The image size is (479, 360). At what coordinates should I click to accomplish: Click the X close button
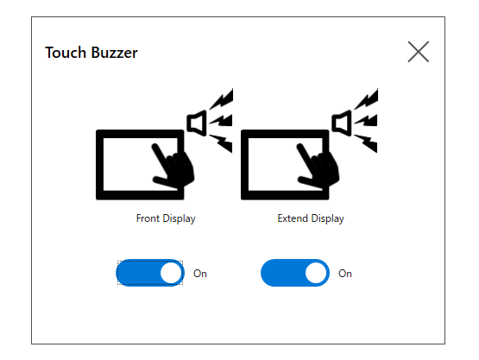click(419, 52)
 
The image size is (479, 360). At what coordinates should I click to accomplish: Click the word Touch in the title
click(66, 53)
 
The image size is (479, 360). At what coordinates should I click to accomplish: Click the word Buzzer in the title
click(115, 53)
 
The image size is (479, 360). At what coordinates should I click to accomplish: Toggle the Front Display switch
click(150, 273)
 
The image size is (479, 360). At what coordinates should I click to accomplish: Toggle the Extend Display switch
click(295, 273)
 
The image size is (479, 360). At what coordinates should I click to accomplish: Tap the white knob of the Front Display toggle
click(171, 273)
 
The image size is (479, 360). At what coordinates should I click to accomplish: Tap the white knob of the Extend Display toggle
click(316, 273)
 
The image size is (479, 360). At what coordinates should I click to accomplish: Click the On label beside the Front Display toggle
click(200, 274)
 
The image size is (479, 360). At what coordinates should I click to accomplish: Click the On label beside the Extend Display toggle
click(345, 274)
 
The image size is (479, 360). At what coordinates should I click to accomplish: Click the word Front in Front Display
click(148, 218)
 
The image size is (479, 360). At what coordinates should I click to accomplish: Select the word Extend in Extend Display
click(293, 218)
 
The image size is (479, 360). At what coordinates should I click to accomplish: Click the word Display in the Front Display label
click(179, 218)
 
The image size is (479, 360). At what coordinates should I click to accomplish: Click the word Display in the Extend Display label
click(327, 218)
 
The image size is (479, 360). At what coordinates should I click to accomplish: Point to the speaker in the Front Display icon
click(197, 123)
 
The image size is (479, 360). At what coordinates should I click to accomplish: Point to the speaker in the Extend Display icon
click(342, 123)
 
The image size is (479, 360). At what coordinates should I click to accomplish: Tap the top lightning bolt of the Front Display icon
click(222, 99)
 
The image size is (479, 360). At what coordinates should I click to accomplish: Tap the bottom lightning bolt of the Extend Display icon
click(367, 142)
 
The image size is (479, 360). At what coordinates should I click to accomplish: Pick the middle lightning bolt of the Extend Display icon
click(367, 121)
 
